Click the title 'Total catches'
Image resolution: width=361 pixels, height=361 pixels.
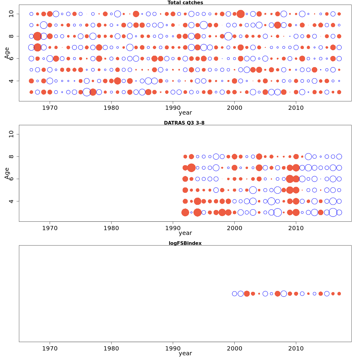pyautogui.click(x=185, y=3)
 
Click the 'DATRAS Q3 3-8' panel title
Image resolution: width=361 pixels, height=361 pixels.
pyautogui.click(x=184, y=123)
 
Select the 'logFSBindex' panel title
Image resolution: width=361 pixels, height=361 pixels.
pyautogui.click(x=185, y=243)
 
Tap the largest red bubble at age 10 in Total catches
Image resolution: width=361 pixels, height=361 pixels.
pyautogui.click(x=240, y=14)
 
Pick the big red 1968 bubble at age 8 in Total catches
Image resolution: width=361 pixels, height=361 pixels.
pyautogui.click(x=37, y=36)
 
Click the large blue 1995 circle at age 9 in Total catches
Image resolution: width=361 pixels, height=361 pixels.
pyautogui.click(x=204, y=25)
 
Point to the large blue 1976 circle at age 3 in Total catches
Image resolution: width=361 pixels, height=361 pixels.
pyautogui.click(x=87, y=92)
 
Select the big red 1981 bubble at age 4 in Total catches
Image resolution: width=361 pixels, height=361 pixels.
pyautogui.click(x=117, y=81)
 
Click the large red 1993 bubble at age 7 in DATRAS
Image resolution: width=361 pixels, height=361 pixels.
pyautogui.click(x=191, y=168)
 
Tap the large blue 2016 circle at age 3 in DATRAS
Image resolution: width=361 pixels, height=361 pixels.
pyautogui.click(x=333, y=212)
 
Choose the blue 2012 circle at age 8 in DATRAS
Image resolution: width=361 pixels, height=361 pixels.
pyautogui.click(x=308, y=156)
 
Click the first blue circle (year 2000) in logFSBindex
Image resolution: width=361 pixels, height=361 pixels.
pyautogui.click(x=234, y=294)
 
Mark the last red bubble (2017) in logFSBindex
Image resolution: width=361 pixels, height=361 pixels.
pyautogui.click(x=339, y=294)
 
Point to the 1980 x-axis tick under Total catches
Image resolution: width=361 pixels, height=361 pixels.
pyautogui.click(x=111, y=107)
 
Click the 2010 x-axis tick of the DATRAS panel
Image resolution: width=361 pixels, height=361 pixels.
pyautogui.click(x=296, y=228)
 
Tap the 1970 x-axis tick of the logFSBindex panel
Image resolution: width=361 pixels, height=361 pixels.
pyautogui.click(x=50, y=348)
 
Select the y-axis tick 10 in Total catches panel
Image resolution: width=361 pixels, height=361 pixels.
pyautogui.click(x=11, y=14)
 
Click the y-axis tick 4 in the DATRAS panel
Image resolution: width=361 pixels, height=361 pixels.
pyautogui.click(x=11, y=201)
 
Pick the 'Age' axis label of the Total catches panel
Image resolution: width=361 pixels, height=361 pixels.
pyautogui.click(x=7, y=53)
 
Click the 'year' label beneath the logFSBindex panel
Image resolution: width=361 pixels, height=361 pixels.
pyautogui.click(x=185, y=353)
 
